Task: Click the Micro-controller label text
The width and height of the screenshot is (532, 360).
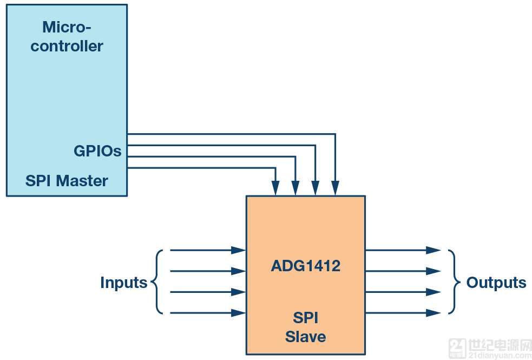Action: [x=67, y=36]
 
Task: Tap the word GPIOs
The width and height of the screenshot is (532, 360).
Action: [x=97, y=151]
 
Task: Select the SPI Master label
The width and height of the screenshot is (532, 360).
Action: [x=67, y=181]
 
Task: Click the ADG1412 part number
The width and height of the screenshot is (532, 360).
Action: [x=305, y=266]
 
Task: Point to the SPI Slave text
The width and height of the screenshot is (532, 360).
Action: [x=305, y=327]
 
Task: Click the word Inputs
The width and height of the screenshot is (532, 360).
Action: [x=123, y=283]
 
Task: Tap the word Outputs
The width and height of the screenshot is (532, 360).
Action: [x=496, y=283]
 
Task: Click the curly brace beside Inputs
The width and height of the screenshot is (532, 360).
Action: [x=157, y=282]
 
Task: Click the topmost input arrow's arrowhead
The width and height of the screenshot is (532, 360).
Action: [x=239, y=251]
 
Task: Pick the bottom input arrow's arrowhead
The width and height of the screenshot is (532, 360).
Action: [x=239, y=313]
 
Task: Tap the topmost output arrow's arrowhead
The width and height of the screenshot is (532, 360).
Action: [x=434, y=251]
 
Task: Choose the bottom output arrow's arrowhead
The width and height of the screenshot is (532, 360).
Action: [x=434, y=313]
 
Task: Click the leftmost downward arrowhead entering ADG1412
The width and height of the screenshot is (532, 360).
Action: [x=276, y=189]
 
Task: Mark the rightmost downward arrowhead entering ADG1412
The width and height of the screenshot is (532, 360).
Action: [x=335, y=189]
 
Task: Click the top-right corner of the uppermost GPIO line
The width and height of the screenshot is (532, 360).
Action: [x=335, y=134]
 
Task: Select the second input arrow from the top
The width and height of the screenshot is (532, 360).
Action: [x=206, y=271]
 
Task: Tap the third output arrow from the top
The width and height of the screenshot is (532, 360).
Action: [x=400, y=292]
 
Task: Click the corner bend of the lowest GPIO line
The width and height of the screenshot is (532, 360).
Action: [x=276, y=168]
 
